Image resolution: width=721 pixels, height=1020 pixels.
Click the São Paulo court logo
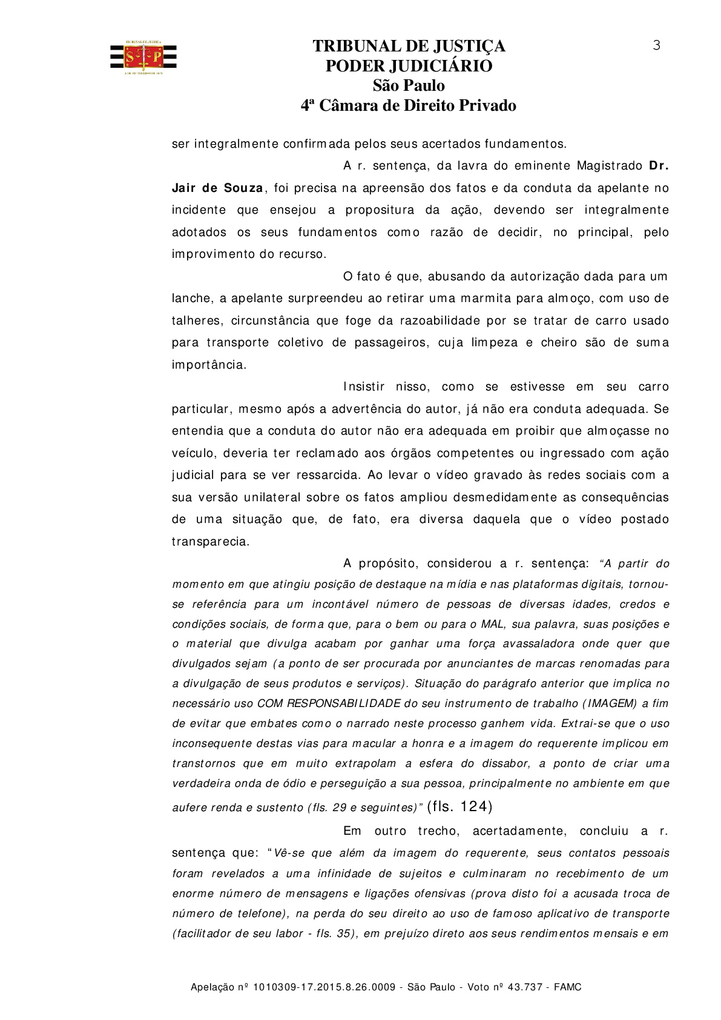click(x=143, y=58)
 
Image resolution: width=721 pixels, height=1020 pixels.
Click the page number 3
click(x=657, y=45)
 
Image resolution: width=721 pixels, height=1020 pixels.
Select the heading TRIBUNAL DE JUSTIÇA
click(x=409, y=47)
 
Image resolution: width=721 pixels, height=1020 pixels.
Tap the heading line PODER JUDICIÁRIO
click(x=409, y=66)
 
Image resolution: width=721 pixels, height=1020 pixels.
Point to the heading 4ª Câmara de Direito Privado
click(x=409, y=106)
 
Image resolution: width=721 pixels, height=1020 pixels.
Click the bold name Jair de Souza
click(x=217, y=188)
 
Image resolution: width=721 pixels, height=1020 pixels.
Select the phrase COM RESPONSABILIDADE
click(x=329, y=703)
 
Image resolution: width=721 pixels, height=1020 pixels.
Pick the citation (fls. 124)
click(x=459, y=806)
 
